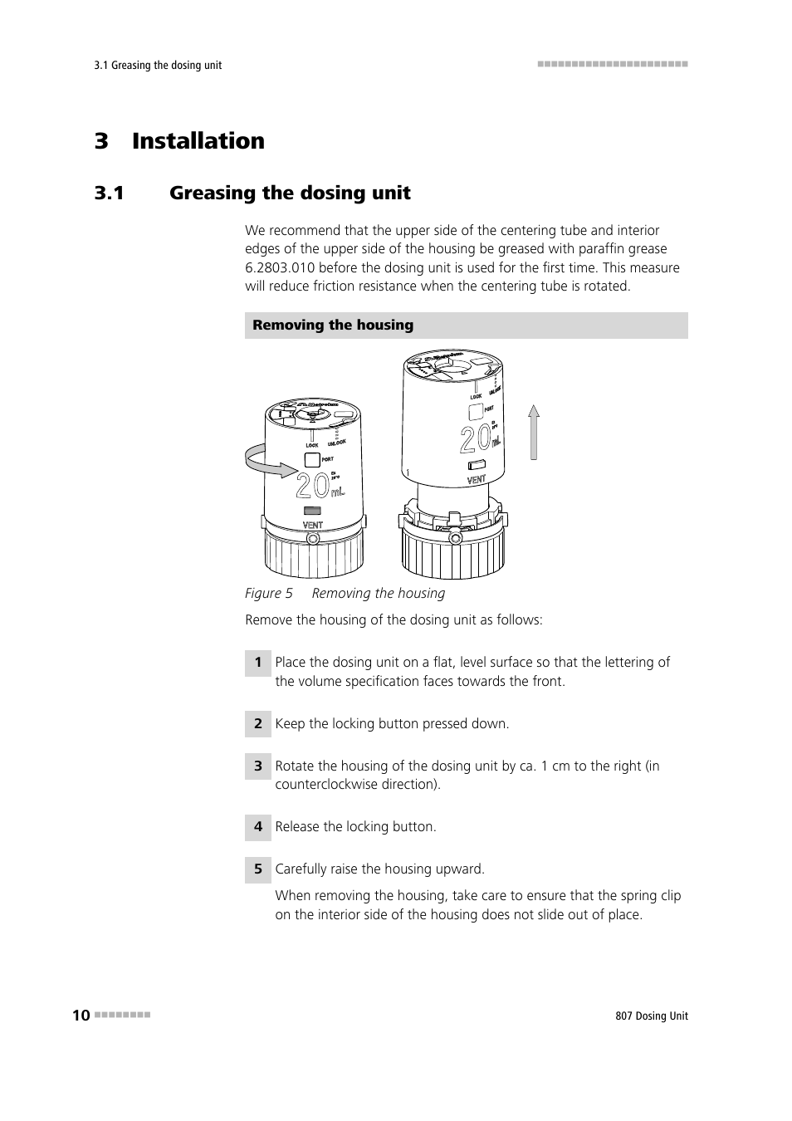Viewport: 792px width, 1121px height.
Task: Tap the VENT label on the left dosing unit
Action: [313, 526]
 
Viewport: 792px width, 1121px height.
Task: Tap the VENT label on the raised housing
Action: [477, 480]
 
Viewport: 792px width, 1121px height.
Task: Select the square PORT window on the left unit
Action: [311, 459]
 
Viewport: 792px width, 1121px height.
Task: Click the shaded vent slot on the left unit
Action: [313, 511]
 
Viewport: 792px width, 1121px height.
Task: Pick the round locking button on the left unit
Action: [313, 540]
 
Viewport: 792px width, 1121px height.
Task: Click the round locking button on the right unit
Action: [454, 538]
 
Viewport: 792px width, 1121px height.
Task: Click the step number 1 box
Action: [258, 663]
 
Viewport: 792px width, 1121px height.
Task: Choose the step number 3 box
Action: [258, 766]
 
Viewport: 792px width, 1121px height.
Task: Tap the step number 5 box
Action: [258, 869]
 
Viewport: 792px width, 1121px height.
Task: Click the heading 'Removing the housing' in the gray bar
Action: [333, 326]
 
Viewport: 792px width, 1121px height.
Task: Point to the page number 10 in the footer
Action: [81, 1016]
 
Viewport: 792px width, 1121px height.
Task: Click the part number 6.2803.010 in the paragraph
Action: [279, 267]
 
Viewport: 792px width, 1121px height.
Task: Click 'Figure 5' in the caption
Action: [269, 594]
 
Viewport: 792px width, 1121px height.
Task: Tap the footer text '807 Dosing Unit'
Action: [646, 1016]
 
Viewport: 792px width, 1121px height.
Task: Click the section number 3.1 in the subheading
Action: [109, 193]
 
